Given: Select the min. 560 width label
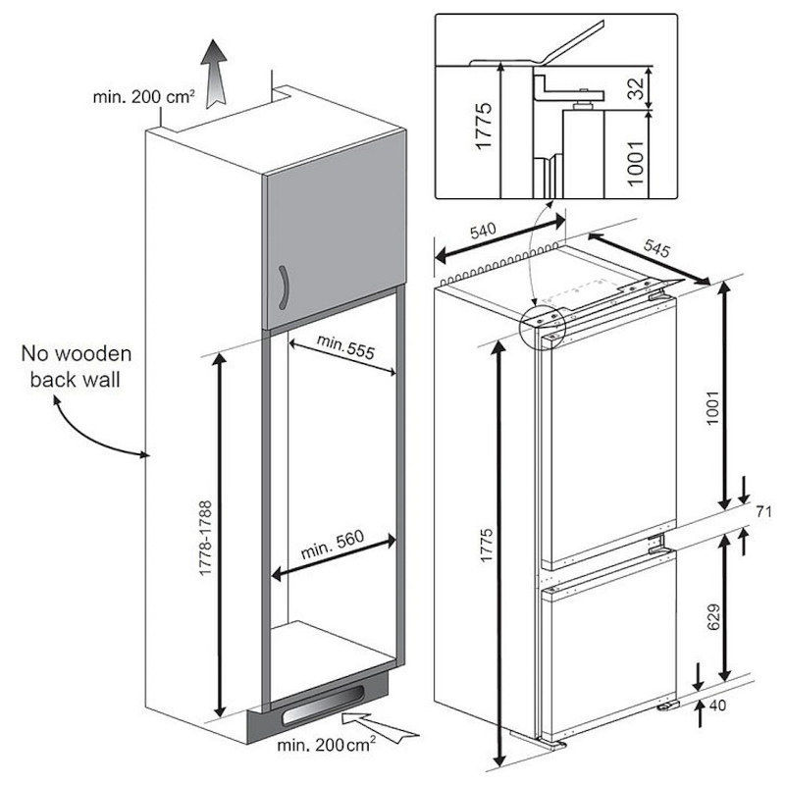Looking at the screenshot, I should point(334,546).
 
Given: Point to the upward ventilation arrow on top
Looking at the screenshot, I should point(211,68).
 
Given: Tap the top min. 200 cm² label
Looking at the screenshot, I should point(143,96).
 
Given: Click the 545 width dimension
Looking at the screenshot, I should point(656,249).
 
